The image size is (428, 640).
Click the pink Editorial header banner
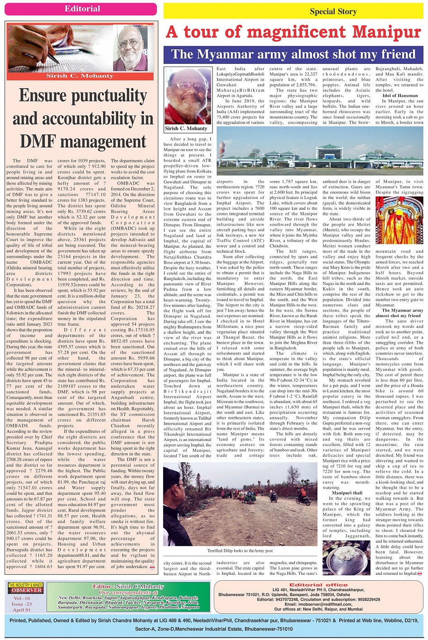point(82,9)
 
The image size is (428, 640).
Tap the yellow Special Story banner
point(293,11)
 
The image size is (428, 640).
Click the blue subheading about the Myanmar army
point(293,54)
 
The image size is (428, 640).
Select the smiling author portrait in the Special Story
point(187,95)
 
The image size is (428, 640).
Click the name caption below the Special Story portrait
point(186,128)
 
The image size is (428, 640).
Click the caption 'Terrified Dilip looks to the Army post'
point(240,551)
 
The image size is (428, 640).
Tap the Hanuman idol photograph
point(399,220)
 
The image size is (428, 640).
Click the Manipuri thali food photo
point(346,557)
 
